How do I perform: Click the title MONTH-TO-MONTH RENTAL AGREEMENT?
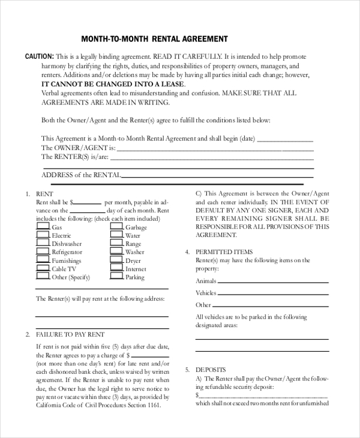pos(154,39)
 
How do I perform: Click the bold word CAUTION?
pos(40,56)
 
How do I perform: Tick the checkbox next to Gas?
pos(43,227)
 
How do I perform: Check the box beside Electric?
pos(43,236)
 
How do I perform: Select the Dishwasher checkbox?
pos(43,244)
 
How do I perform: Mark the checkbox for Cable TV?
pos(43,268)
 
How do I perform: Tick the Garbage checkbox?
pos(116,227)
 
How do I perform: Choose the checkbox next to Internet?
pos(116,268)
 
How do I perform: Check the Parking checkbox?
pos(116,277)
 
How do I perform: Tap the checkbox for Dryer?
pos(116,260)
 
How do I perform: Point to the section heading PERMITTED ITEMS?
pos(224,252)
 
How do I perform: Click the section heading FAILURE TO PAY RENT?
pos(70,334)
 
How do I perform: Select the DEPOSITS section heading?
pos(211,370)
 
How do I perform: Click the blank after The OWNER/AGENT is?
pos(215,148)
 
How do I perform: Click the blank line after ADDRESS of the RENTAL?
pos(218,176)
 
